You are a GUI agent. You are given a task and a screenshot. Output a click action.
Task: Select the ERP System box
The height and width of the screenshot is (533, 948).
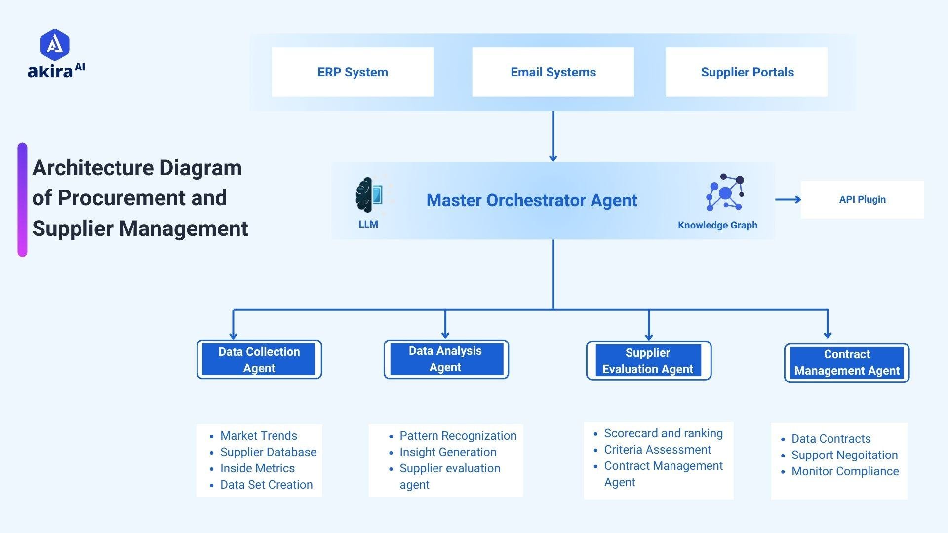click(353, 72)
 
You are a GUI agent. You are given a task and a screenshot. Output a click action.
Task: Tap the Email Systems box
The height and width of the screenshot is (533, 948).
click(553, 72)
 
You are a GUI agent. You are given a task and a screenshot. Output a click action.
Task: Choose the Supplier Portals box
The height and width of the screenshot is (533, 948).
click(747, 72)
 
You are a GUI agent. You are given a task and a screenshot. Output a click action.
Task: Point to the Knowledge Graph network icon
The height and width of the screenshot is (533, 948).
click(725, 192)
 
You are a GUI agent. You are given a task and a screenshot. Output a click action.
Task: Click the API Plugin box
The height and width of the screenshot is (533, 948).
click(862, 199)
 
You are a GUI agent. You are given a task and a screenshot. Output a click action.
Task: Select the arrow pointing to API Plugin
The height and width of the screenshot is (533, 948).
click(788, 199)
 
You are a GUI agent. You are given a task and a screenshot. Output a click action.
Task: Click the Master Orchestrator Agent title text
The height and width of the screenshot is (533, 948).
click(532, 200)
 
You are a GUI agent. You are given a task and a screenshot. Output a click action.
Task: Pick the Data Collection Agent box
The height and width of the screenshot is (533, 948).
click(259, 359)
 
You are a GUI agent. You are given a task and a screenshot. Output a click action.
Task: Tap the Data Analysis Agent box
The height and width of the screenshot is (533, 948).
click(446, 359)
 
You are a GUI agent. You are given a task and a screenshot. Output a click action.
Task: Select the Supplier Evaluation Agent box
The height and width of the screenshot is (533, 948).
click(648, 361)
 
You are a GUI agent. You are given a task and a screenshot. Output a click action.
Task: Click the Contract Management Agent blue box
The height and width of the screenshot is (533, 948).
click(847, 363)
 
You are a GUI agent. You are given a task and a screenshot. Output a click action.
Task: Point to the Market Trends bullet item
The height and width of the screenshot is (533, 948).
click(259, 436)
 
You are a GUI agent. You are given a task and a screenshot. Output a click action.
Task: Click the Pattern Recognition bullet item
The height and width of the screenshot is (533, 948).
click(458, 436)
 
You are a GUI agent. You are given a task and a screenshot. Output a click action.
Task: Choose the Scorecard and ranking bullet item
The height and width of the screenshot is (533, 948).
click(663, 433)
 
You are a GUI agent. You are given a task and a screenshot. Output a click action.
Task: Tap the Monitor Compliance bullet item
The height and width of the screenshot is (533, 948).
click(845, 471)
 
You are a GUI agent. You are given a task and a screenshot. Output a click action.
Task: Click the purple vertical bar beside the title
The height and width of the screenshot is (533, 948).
click(22, 199)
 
